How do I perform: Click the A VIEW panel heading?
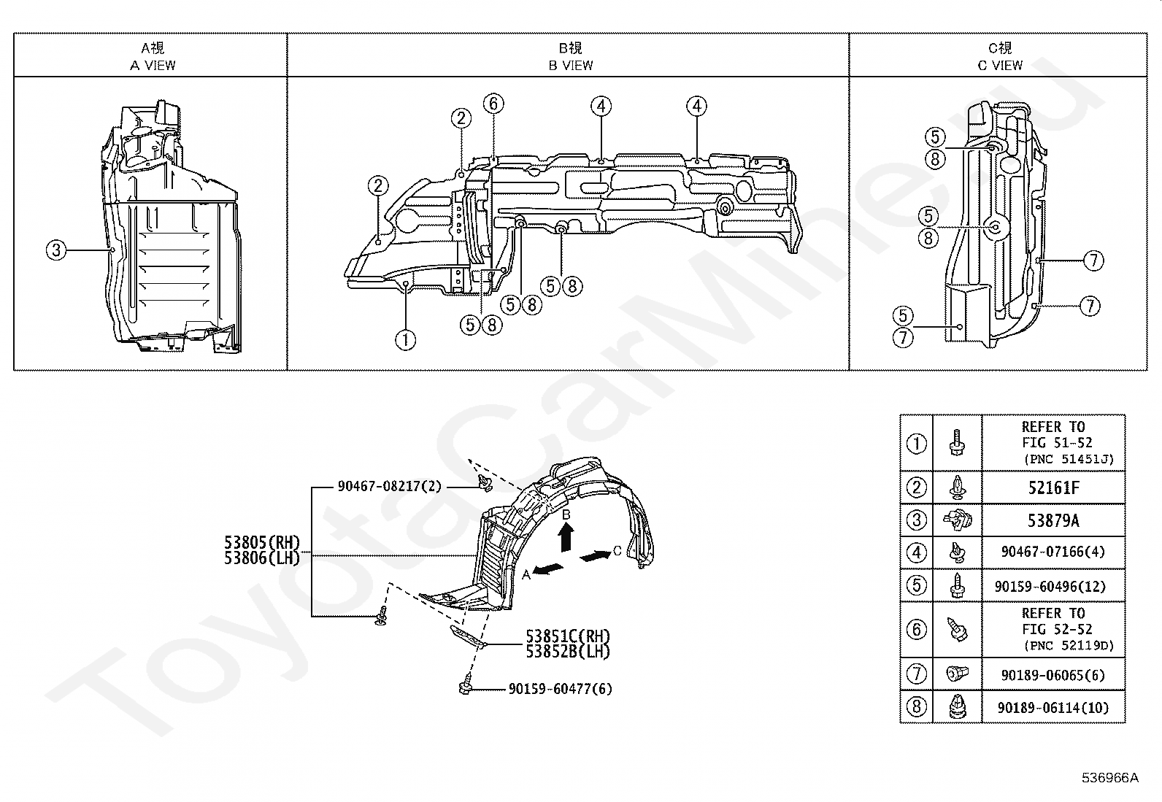point(153,56)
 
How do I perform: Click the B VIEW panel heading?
point(570,56)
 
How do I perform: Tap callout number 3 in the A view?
point(56,250)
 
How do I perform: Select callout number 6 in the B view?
point(493,104)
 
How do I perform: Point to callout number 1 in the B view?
point(405,339)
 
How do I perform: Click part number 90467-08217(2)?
point(389,486)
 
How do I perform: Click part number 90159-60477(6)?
point(560,688)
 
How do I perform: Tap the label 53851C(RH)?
point(568,636)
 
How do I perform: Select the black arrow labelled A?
point(549,568)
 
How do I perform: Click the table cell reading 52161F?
point(1053,487)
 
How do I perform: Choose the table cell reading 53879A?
point(1053,520)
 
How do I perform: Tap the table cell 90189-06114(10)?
point(1053,707)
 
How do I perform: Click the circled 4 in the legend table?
point(916,552)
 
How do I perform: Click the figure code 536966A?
point(1110,778)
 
